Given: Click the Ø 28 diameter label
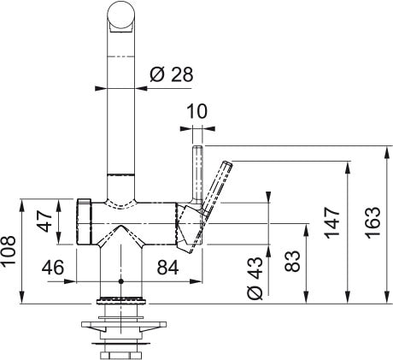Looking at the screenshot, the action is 172,74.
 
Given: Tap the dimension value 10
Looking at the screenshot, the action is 197,111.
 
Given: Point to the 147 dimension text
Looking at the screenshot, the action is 332,222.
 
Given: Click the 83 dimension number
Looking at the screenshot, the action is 292,261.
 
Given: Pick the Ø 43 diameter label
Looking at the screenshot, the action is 255,278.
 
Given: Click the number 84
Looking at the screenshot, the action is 167,267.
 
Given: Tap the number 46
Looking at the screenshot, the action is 53,268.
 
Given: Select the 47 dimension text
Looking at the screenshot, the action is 44,221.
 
